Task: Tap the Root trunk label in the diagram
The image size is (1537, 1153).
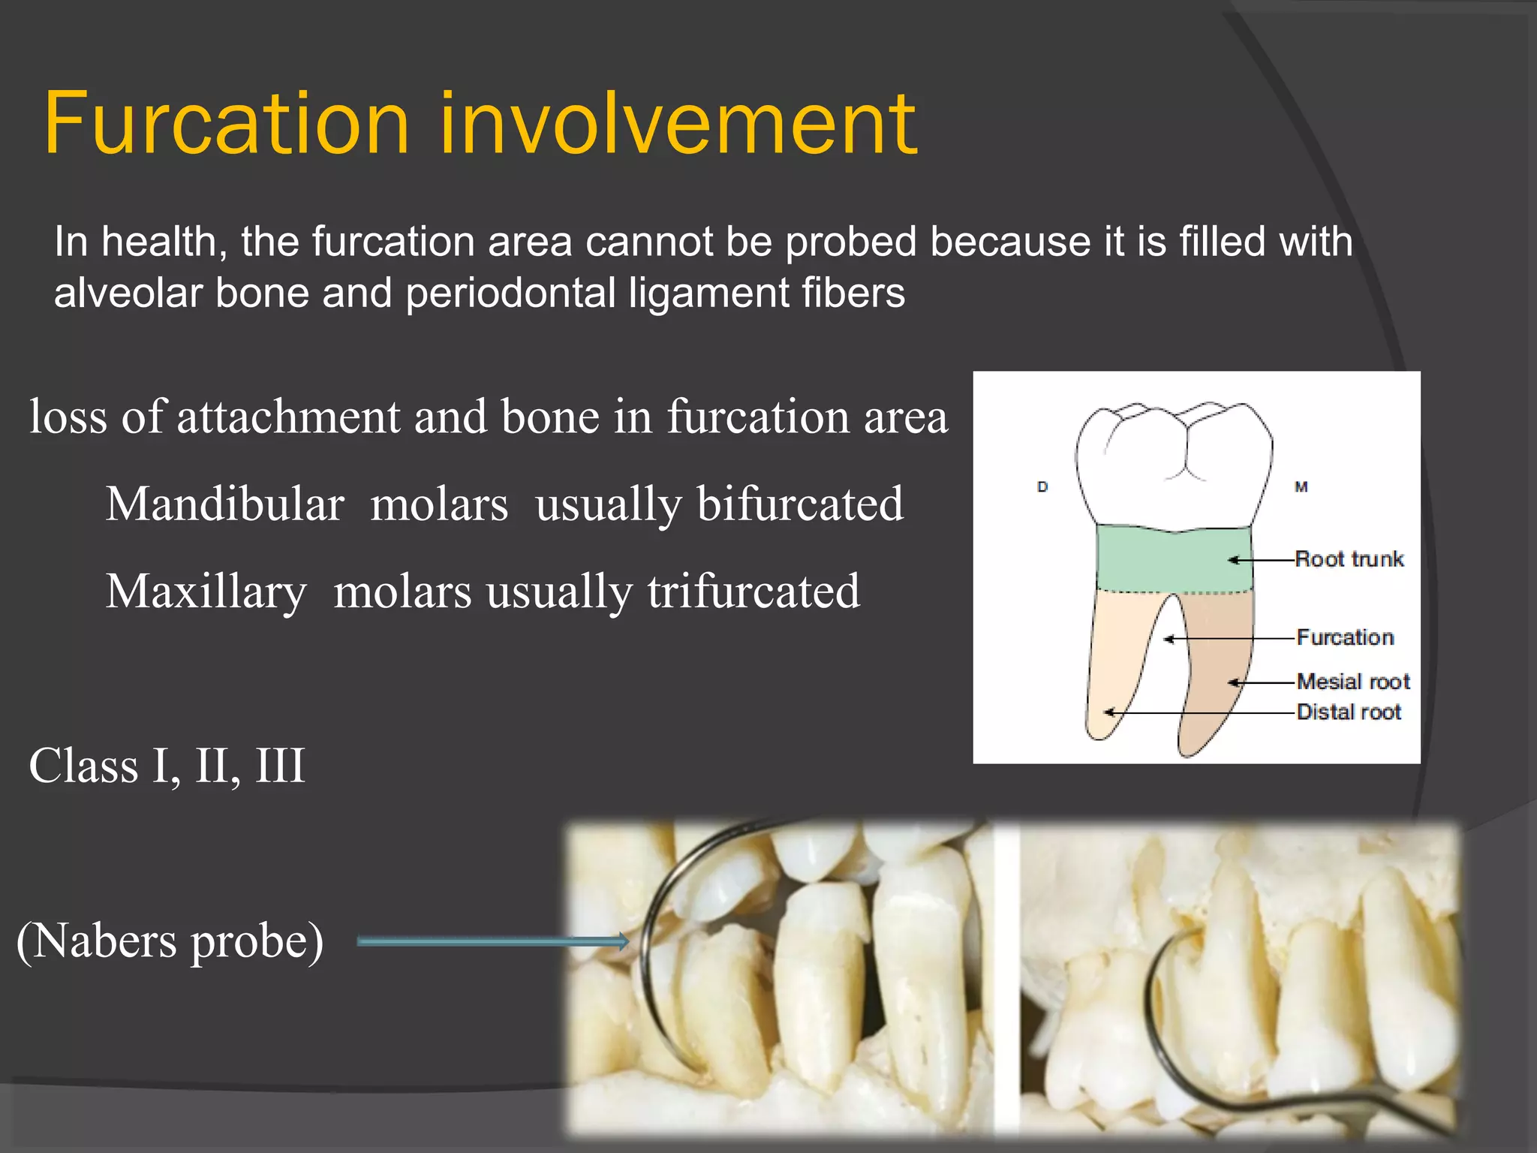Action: [1349, 559]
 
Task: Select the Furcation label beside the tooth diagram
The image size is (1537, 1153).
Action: [1345, 638]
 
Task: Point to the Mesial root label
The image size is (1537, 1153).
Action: [1353, 682]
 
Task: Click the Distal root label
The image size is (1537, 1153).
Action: [1349, 712]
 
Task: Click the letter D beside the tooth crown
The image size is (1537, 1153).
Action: [1042, 487]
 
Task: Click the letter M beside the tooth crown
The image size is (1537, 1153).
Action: [1301, 487]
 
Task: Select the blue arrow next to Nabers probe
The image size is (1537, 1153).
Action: [492, 941]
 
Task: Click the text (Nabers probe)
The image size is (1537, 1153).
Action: [170, 941]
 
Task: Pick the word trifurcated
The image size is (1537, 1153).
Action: [753, 592]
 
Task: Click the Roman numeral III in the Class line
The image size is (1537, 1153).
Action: [280, 766]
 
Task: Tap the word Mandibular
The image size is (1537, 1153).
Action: [224, 504]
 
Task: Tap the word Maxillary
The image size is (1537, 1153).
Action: [206, 592]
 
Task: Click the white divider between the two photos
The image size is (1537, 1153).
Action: [1006, 976]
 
